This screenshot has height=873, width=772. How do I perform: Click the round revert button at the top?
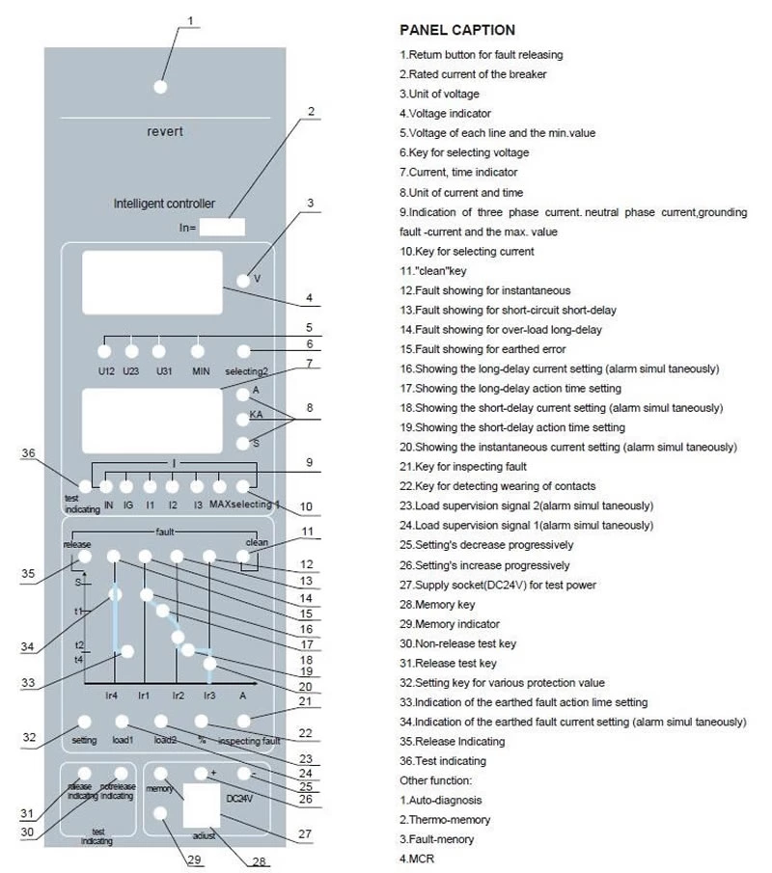[x=160, y=87]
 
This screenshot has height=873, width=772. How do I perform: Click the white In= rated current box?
[x=223, y=228]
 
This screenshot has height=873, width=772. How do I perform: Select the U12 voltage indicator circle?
[x=105, y=351]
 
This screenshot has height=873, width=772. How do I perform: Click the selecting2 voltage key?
[x=244, y=351]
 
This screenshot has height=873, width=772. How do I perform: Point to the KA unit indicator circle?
[x=242, y=420]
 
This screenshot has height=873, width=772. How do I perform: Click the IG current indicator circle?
[x=128, y=487]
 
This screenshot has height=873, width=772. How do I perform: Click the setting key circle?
[x=84, y=721]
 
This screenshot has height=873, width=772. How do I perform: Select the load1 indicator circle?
[x=123, y=721]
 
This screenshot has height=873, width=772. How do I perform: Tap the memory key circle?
[x=160, y=774]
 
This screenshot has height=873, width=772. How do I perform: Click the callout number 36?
[x=28, y=452]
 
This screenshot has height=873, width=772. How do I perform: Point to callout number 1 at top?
[x=191, y=19]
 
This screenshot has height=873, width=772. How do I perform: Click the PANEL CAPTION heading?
[x=456, y=30]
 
